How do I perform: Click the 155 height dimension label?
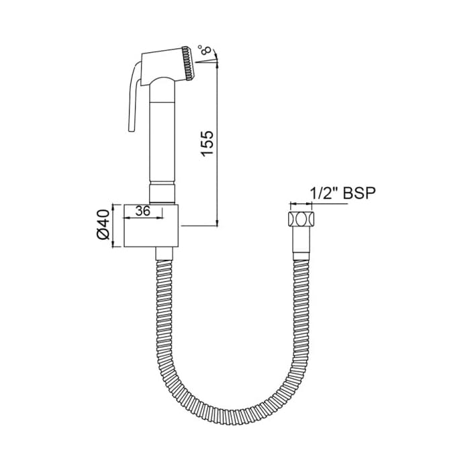coord(207,143)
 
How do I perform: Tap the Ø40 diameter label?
coord(103,224)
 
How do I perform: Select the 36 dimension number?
coord(142,211)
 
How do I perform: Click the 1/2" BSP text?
coord(342,193)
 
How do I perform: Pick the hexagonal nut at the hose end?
coord(301,219)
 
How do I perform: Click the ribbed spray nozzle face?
coord(188,63)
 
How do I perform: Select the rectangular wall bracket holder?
coord(151,226)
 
